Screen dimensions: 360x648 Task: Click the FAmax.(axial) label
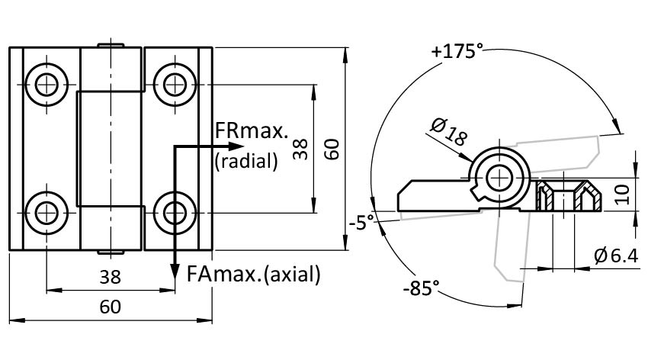[x=254, y=274]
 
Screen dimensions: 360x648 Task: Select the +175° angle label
[x=457, y=52]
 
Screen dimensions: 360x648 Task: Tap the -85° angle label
[x=422, y=288]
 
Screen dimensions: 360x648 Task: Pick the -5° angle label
[x=361, y=223]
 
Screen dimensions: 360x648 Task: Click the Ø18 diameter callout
[x=449, y=134]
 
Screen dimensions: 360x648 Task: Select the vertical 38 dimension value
[x=300, y=149]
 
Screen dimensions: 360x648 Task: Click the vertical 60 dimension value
[x=332, y=149]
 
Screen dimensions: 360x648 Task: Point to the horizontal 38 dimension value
[x=111, y=278]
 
